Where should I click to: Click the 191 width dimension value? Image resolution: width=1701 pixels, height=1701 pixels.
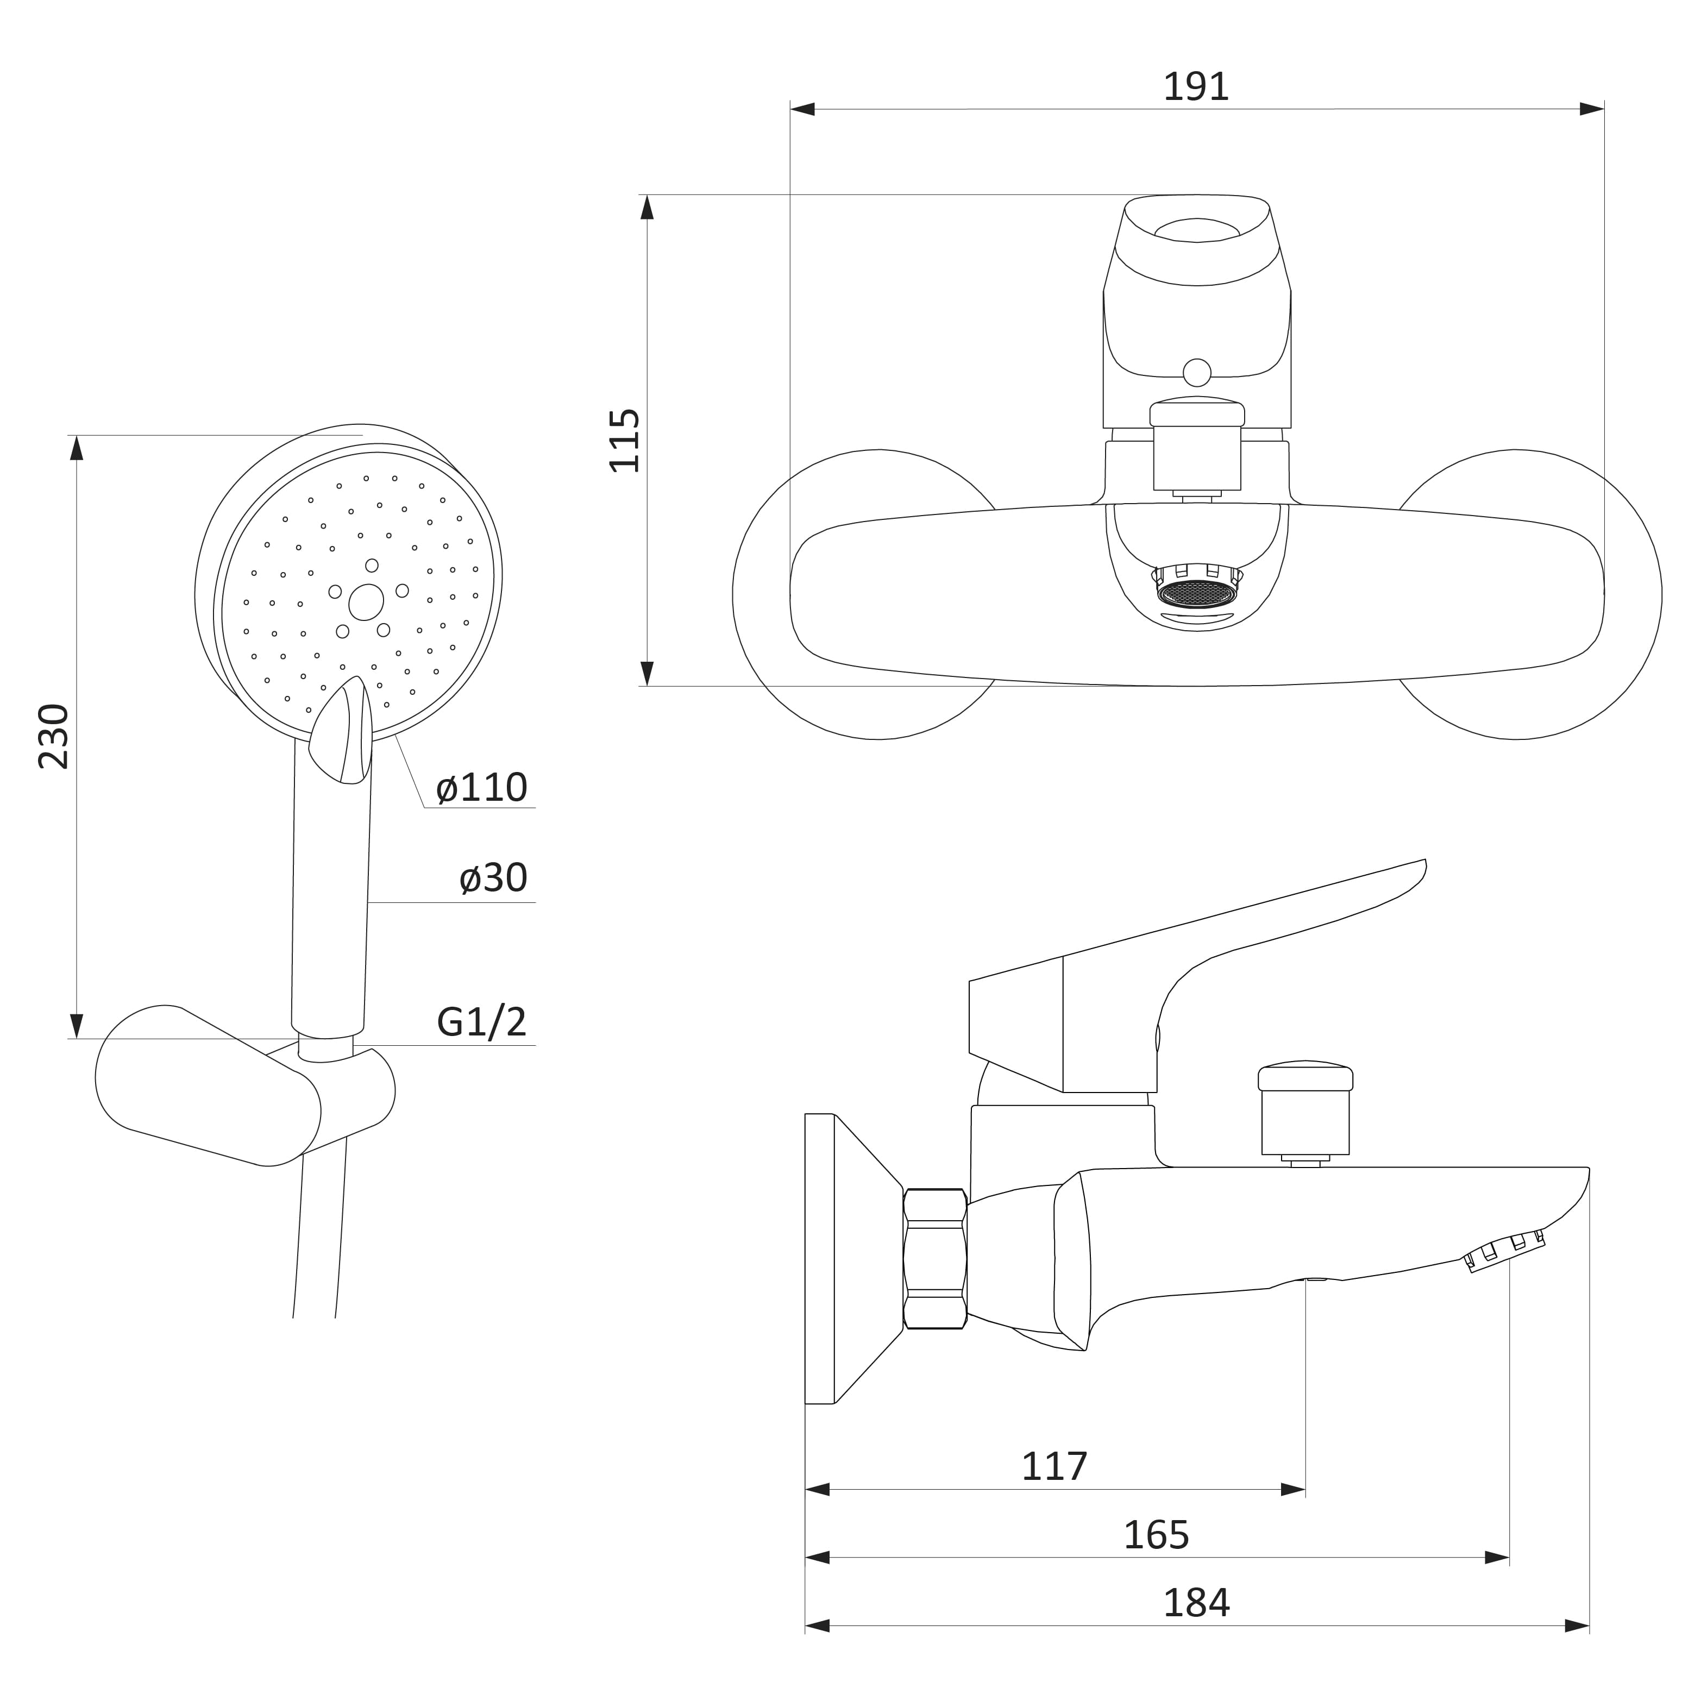1196,87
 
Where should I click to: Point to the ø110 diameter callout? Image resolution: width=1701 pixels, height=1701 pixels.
481,787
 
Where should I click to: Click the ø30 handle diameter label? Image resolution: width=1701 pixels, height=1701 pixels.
493,878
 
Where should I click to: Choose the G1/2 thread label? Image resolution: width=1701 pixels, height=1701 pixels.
481,1021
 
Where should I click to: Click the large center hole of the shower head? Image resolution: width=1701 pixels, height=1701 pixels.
366,602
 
